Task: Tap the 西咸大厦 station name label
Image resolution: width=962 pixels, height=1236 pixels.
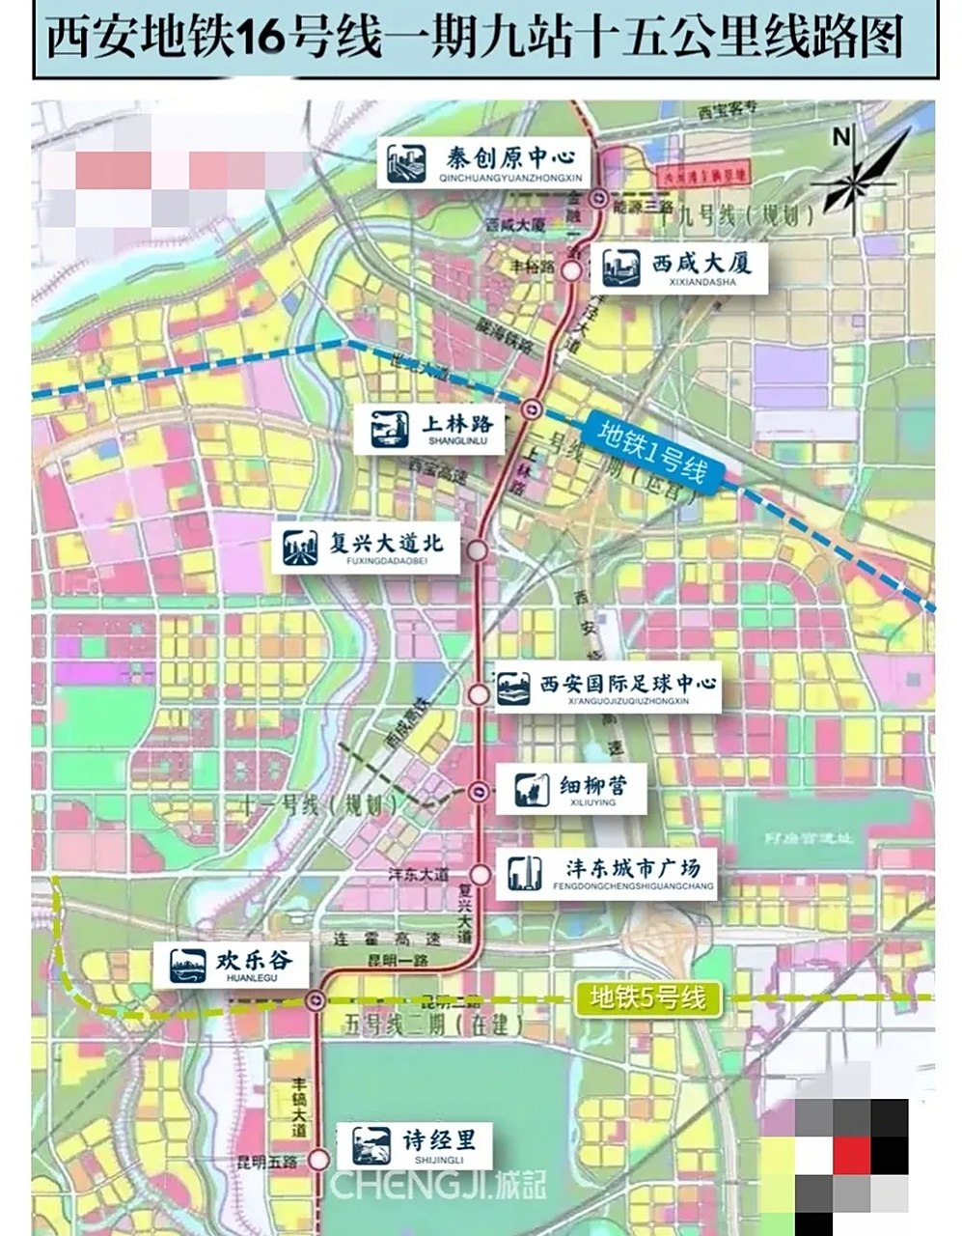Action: point(701,263)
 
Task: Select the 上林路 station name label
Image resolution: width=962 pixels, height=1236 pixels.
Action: point(457,424)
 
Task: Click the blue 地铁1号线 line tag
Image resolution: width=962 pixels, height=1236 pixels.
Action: point(652,453)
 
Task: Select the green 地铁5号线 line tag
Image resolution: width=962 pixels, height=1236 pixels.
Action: point(647,997)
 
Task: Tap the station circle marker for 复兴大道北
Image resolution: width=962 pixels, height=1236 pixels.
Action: point(477,549)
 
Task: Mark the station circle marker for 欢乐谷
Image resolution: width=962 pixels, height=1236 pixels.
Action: point(315,999)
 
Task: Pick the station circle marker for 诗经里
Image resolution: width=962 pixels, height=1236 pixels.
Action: point(319,1160)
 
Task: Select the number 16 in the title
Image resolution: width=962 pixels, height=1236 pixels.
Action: point(260,40)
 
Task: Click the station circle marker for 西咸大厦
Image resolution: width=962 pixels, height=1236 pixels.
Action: point(572,271)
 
